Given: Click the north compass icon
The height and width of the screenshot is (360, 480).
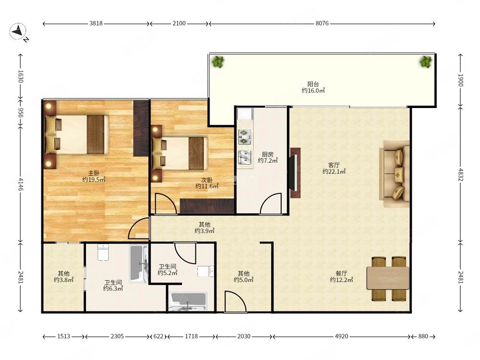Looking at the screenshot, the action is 18,32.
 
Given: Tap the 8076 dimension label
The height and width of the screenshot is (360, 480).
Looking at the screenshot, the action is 322,23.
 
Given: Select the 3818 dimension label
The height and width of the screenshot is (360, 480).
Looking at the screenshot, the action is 96,23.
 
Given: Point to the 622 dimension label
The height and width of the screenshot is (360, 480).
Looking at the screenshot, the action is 158,336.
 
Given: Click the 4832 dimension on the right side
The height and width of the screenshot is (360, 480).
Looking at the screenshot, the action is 461,174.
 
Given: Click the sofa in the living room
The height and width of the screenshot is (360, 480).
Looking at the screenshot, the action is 395,170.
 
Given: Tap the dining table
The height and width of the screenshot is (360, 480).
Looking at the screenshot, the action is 388,278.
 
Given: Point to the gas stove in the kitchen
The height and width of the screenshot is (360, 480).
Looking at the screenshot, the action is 245,137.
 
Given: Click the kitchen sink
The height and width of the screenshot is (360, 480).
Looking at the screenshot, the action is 245,157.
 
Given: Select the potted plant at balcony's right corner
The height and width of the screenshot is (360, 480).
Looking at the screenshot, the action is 426,62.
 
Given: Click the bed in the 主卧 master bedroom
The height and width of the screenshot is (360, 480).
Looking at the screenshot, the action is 77,134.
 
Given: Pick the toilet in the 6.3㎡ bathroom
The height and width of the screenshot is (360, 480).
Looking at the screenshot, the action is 103,252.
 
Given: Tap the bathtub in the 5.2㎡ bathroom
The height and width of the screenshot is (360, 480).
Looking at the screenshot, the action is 188,302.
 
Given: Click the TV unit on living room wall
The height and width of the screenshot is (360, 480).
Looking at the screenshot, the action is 295,173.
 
